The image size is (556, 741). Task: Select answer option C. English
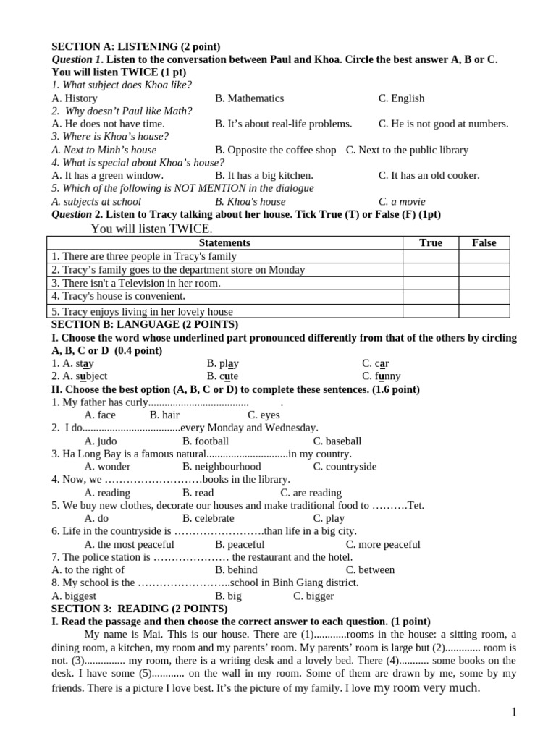pyautogui.click(x=401, y=98)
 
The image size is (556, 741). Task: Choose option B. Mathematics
pyautogui.click(x=249, y=98)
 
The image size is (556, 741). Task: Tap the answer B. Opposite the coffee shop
pyautogui.click(x=275, y=150)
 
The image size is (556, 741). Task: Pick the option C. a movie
pyautogui.click(x=403, y=201)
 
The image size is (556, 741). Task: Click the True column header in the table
pyautogui.click(x=430, y=243)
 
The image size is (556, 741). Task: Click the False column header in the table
pyautogui.click(x=484, y=243)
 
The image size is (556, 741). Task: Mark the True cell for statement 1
pyautogui.click(x=430, y=256)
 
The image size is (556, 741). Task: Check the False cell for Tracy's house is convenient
pyautogui.click(x=484, y=296)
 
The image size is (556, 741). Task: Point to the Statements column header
pyautogui.click(x=224, y=243)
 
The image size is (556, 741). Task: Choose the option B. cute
pyautogui.click(x=222, y=376)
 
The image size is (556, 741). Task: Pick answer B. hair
pyautogui.click(x=164, y=415)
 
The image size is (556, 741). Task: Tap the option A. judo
pyautogui.click(x=101, y=441)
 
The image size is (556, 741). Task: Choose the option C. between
pyautogui.click(x=370, y=570)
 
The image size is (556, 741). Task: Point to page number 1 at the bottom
pyautogui.click(x=514, y=713)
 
